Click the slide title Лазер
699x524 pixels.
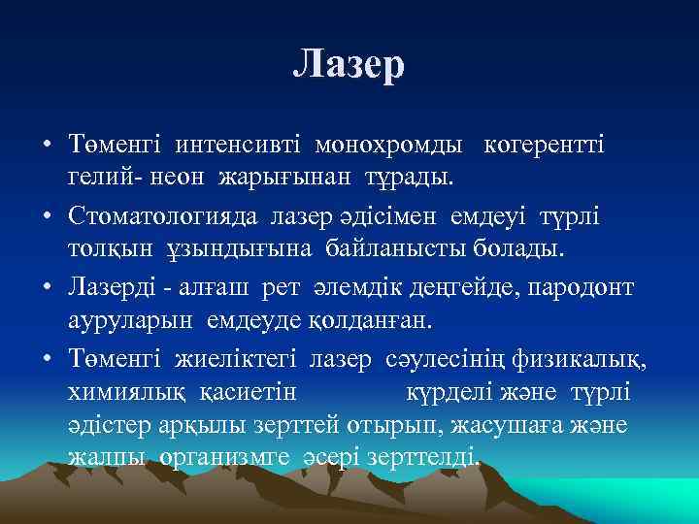349,65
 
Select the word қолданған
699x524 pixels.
370,321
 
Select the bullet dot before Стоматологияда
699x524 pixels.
47,215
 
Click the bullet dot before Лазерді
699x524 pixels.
47,287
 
